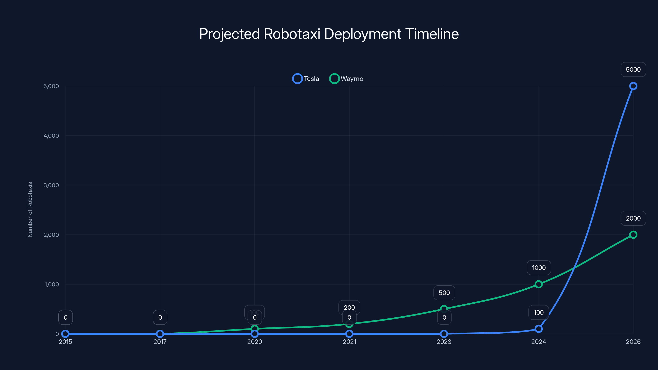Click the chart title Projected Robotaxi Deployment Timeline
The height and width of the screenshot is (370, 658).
329,34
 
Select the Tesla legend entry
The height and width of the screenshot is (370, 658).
306,79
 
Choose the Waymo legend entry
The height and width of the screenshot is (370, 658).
346,79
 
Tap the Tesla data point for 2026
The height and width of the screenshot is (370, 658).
633,86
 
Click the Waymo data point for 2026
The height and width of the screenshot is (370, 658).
633,235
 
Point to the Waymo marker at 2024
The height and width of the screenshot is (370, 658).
539,284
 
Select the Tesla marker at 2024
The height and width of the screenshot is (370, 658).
539,329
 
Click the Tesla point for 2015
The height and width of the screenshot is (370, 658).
65,334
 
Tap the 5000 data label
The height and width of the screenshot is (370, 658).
633,69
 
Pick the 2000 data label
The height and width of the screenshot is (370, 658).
633,218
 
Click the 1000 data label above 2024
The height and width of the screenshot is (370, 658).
539,268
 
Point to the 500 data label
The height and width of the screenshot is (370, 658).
444,293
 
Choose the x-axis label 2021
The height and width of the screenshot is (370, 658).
349,342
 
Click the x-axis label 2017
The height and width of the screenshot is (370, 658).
160,342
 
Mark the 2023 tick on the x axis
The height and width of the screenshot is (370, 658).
444,342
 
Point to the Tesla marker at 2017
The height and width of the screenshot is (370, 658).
160,334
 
